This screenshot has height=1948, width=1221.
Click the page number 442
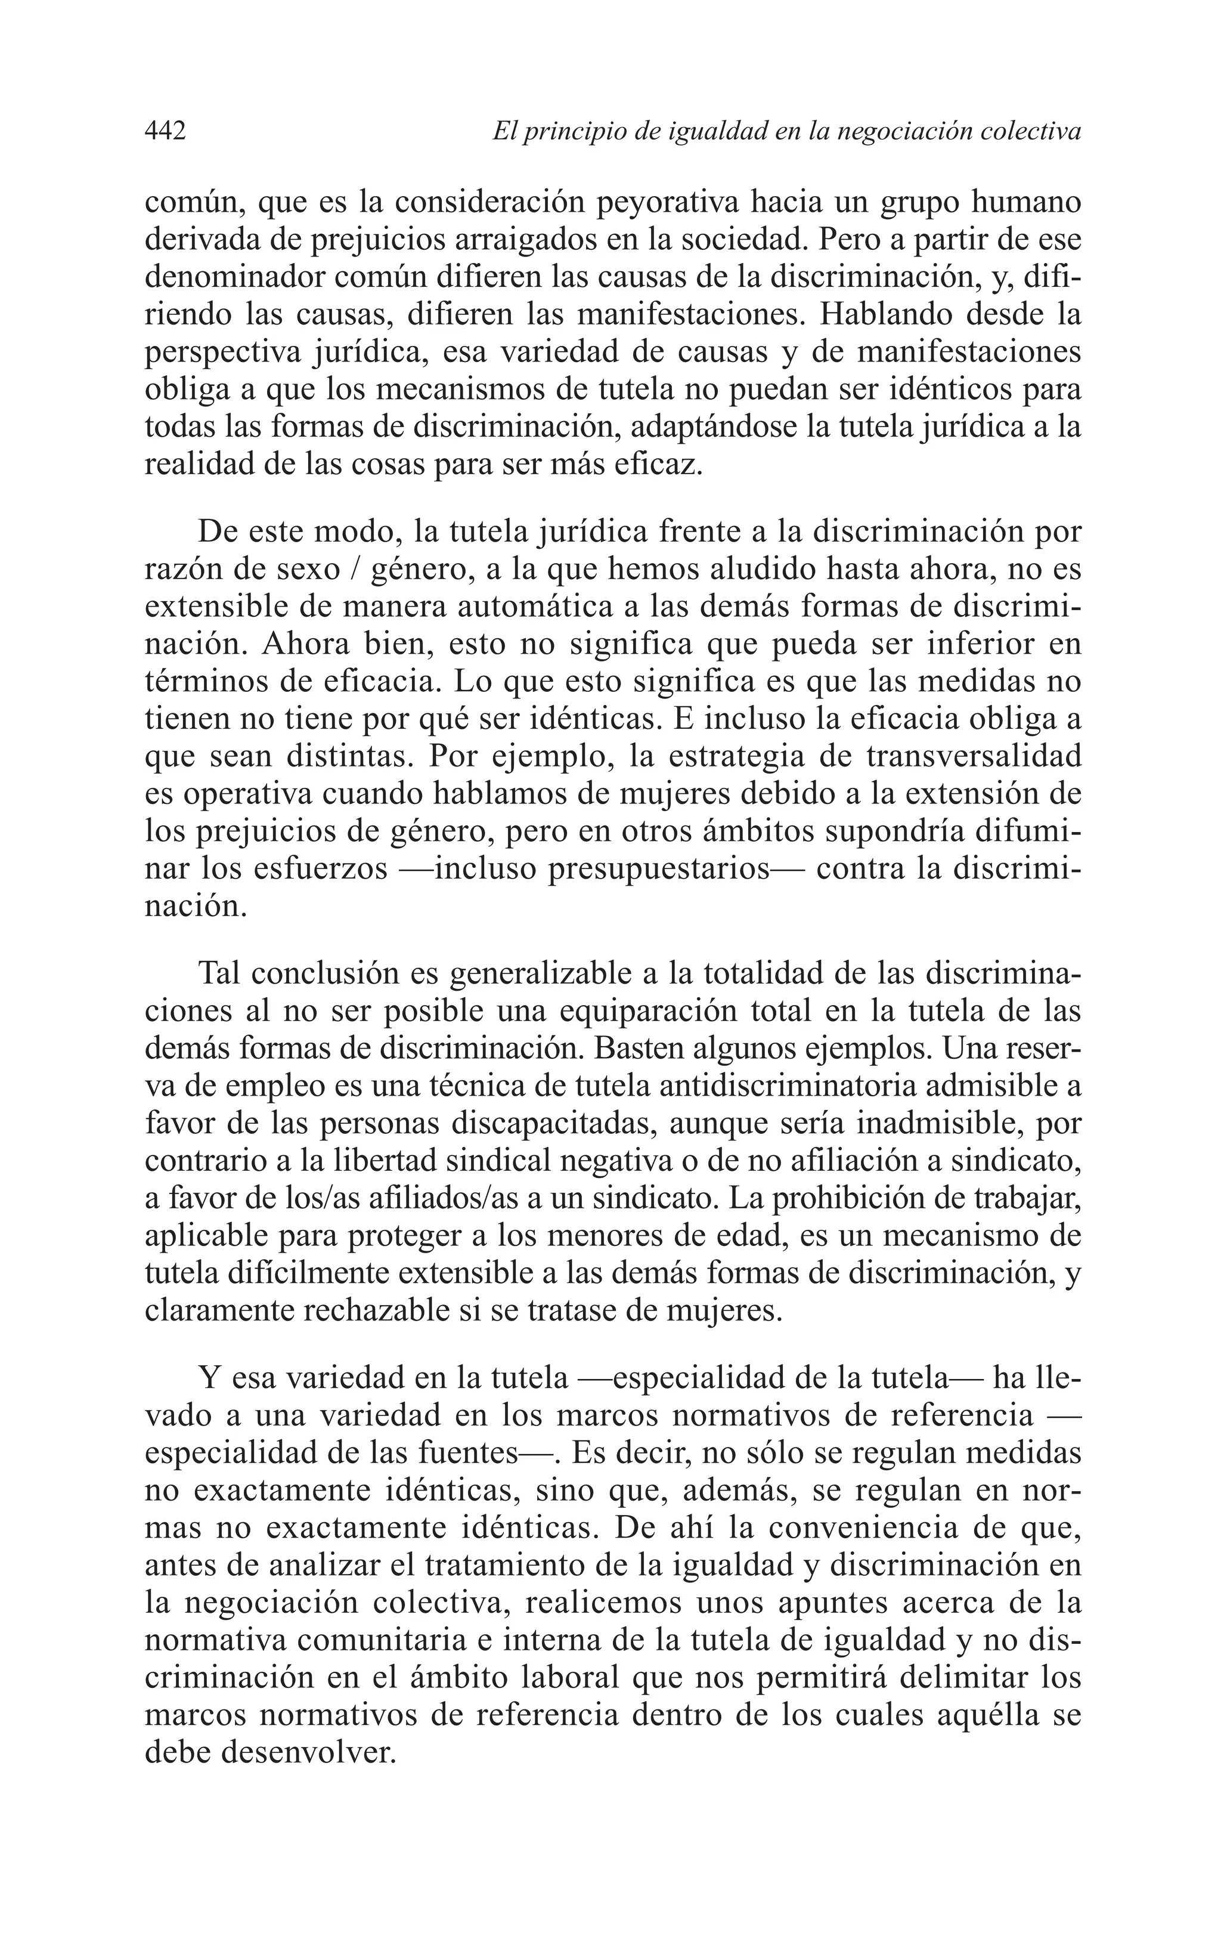tap(166, 130)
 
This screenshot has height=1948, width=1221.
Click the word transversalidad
tap(972, 757)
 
